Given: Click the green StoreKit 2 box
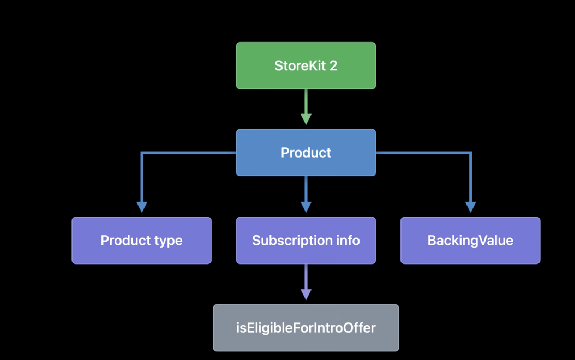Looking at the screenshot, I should point(306,65).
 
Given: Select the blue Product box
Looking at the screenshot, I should point(306,153).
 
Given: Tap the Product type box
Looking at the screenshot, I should point(141,241).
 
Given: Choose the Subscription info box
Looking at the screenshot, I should point(306,241).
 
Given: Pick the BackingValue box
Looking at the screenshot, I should point(470,241).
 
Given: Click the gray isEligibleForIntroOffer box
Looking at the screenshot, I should point(306,328).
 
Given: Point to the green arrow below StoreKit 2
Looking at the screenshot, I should point(306,107).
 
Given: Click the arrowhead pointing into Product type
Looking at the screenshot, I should point(142,207).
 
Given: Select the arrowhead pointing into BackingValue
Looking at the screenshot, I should point(470,207).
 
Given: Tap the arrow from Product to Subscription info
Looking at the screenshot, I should point(306,194).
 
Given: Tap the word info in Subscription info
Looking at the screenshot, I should point(348,241).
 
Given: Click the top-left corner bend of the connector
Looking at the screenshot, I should point(142,153).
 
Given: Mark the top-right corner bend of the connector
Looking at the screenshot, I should point(470,153).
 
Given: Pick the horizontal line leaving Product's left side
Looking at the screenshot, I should point(189,153).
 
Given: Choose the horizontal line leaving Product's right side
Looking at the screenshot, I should point(423,153).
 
